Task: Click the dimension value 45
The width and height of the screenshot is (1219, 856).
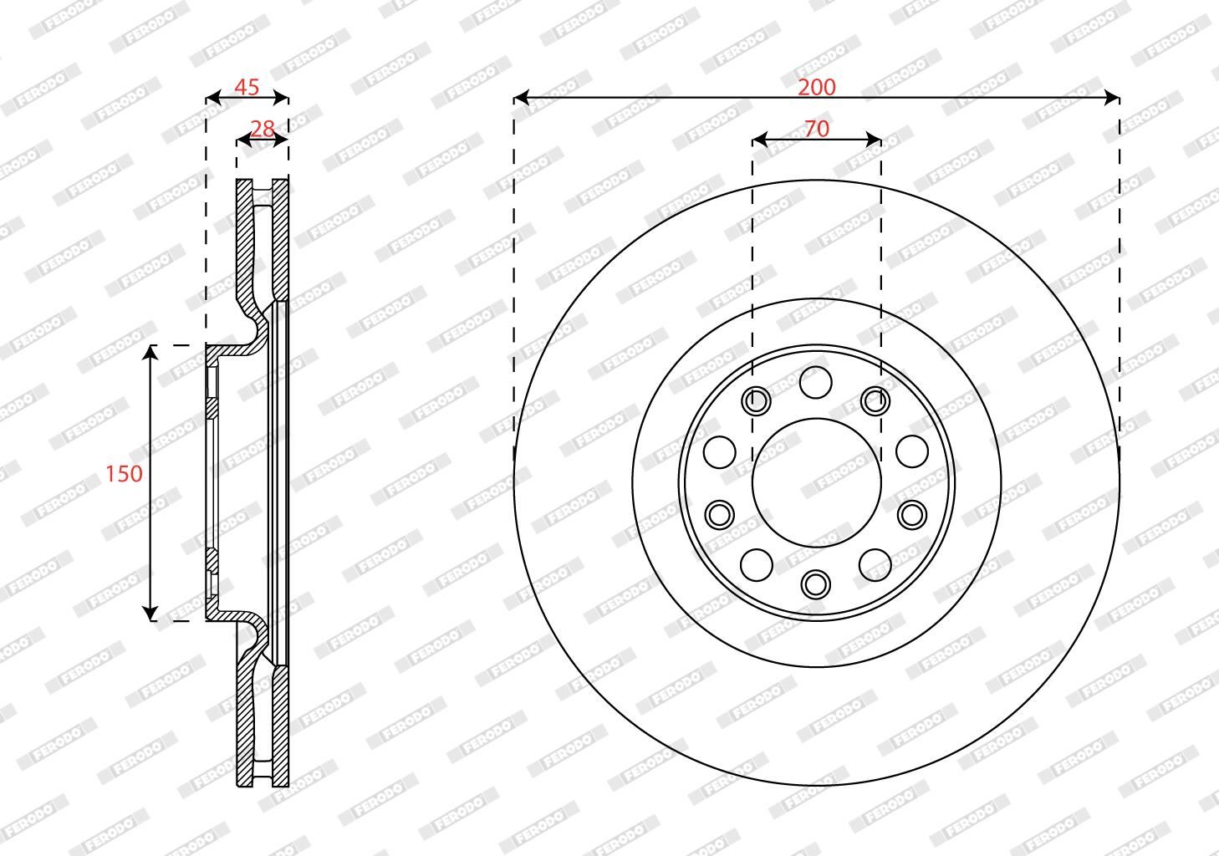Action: pos(247,87)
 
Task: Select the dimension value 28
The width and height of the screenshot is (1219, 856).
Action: pos(263,129)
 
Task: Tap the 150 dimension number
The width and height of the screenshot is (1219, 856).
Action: pos(124,473)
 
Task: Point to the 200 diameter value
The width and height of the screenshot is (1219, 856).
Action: pos(816,87)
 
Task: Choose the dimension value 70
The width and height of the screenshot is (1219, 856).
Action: pos(817,129)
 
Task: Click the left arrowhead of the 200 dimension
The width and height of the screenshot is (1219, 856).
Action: pos(521,98)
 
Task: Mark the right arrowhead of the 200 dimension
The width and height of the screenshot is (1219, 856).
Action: pos(1112,98)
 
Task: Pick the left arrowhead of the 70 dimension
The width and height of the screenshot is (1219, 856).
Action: pos(760,140)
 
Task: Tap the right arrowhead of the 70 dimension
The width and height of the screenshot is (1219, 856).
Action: pos(874,140)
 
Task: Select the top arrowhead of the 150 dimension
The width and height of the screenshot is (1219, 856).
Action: pos(150,352)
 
